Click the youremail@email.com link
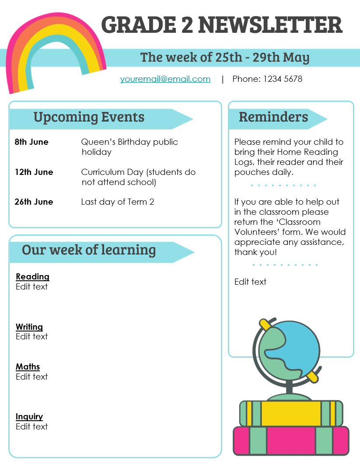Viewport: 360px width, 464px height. (x=165, y=79)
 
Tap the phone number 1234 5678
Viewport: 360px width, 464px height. (x=283, y=79)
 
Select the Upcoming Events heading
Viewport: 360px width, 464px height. (x=89, y=117)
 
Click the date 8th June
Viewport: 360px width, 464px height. (x=31, y=142)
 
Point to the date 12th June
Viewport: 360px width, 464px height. (x=34, y=172)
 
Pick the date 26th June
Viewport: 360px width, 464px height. (x=34, y=202)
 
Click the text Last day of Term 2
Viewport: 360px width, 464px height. (x=117, y=202)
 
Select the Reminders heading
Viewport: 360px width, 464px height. (x=273, y=117)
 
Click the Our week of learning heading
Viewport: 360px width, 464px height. (x=89, y=250)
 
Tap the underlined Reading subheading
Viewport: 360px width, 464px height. (x=32, y=277)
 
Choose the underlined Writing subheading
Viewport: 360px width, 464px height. (x=29, y=327)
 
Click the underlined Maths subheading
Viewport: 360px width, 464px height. (x=28, y=367)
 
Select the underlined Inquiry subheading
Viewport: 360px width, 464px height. (x=29, y=417)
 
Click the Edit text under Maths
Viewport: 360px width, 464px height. (x=31, y=377)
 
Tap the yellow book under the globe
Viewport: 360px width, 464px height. (x=291, y=414)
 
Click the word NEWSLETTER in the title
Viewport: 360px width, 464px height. (x=270, y=25)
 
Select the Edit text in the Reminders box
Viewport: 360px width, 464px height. (x=250, y=282)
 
